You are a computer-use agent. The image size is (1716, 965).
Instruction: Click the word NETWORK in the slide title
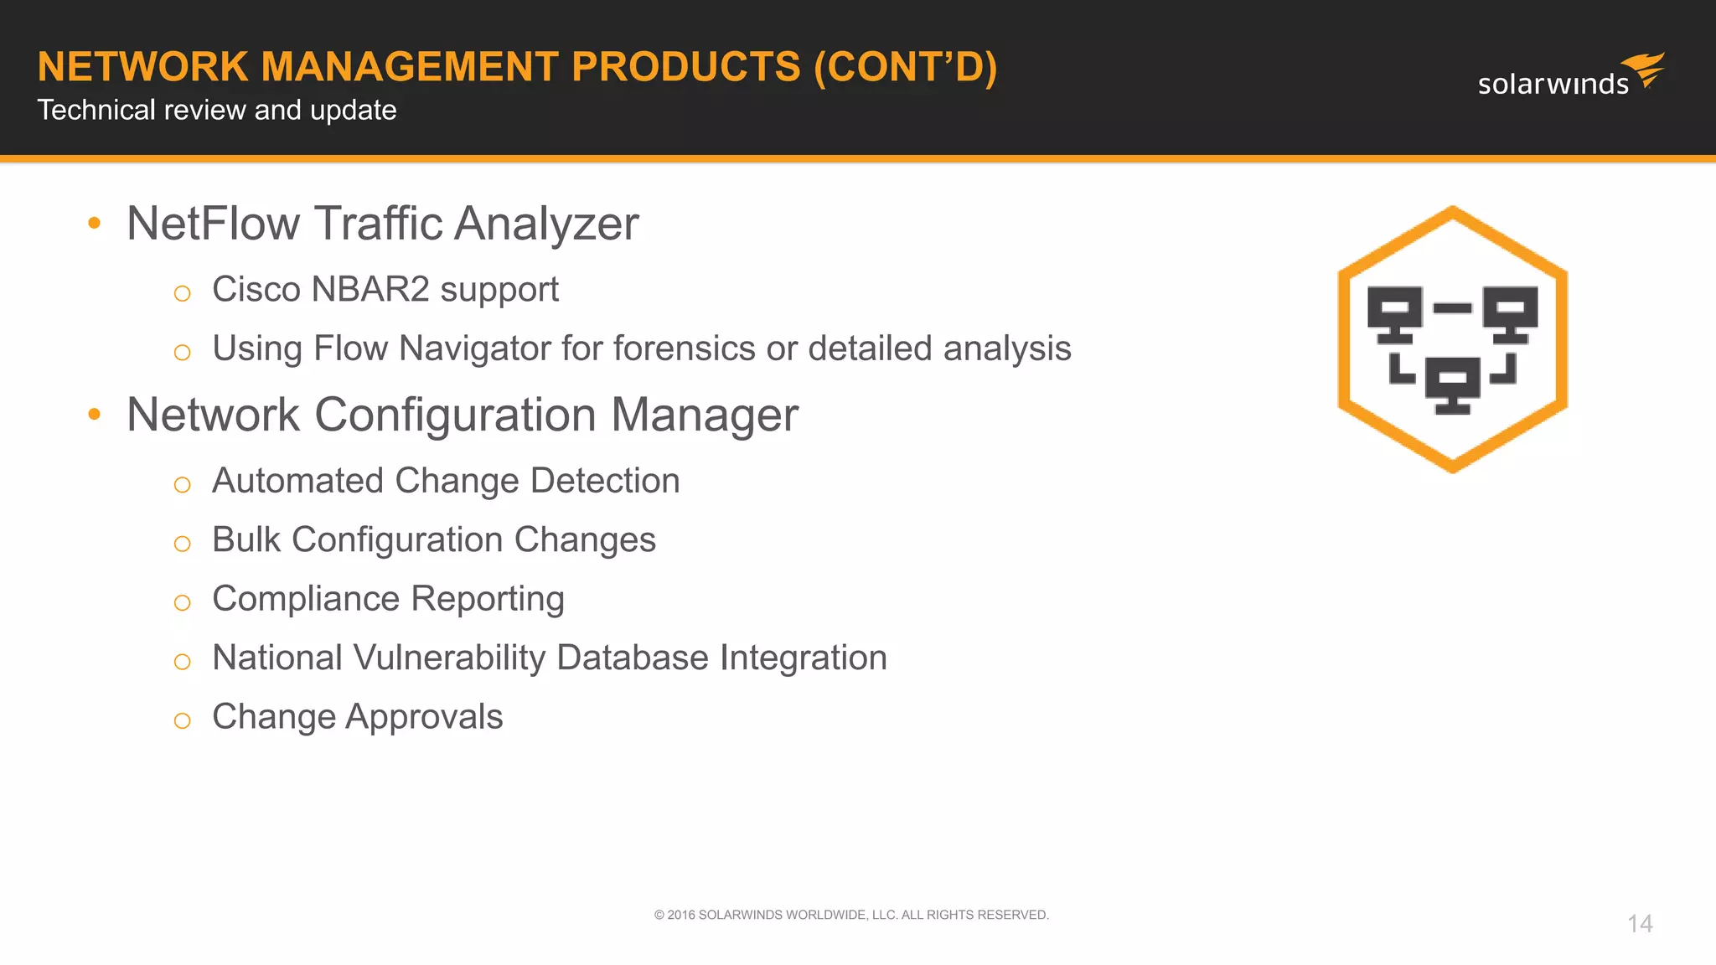142,67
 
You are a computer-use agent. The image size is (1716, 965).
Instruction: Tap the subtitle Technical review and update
216,110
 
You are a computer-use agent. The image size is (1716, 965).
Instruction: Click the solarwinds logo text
1553,85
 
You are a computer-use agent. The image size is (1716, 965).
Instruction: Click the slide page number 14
1640,924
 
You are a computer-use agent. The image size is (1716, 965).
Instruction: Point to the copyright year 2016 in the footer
680,915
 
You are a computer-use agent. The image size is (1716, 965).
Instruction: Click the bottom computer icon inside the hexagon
1452,384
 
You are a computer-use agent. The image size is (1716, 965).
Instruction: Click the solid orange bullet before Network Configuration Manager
94,414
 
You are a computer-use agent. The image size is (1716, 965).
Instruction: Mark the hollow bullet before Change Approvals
182,720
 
